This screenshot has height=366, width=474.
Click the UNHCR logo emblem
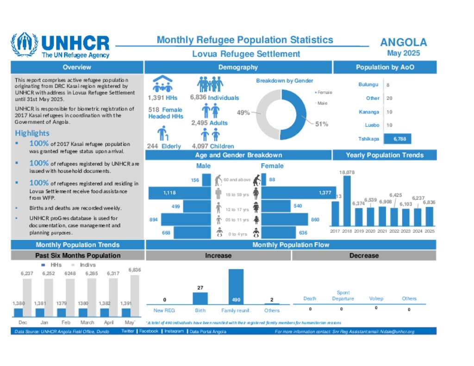[24, 45]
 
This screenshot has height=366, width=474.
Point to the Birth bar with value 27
[200, 298]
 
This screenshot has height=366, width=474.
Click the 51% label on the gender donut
[322, 124]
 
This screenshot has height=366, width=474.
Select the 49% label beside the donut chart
[243, 112]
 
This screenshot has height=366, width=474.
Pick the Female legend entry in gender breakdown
[325, 93]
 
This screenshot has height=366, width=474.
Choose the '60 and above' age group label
[237, 180]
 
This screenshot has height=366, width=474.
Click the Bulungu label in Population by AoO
[368, 85]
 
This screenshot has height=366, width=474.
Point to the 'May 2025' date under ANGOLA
[404, 53]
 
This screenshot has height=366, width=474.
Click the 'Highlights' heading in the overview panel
[32, 133]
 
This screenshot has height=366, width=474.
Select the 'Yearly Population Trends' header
[384, 155]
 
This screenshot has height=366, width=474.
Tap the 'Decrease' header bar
[364, 255]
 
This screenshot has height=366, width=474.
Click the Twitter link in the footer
[128, 331]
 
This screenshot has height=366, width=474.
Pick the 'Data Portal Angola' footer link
[207, 331]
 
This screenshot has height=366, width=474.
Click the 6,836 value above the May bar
[135, 270]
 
